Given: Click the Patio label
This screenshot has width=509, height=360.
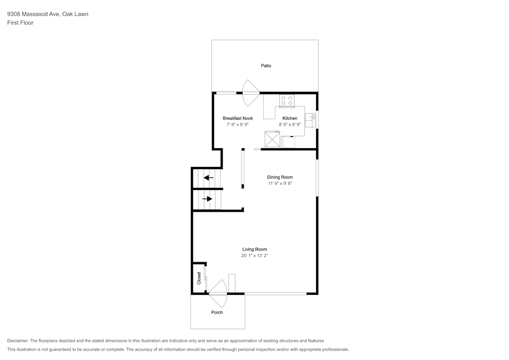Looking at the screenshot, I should point(266,66).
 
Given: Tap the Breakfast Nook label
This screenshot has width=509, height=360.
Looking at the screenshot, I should point(237,118).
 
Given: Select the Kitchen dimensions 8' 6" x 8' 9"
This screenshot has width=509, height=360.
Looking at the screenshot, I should point(290,124).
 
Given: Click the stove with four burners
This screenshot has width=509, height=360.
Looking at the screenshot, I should point(287,100).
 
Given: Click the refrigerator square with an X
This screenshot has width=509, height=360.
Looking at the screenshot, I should point(272,139).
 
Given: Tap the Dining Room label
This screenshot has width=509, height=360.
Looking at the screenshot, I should point(280,177).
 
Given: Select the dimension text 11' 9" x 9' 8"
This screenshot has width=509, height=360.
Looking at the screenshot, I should point(280,183).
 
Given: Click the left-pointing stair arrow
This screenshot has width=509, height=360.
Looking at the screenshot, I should point(208,178).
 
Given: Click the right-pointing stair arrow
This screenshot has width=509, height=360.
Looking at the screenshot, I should point(207,199).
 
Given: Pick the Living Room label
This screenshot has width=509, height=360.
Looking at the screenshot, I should point(254,250).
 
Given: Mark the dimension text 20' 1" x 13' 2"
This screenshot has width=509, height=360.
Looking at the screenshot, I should point(254,256).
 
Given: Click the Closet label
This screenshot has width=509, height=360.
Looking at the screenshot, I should point(199,278).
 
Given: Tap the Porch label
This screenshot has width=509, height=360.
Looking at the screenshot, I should point(217,312).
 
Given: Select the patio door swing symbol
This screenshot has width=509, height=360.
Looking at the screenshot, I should point(250,93).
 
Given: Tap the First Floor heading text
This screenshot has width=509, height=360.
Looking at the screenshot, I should point(20,23).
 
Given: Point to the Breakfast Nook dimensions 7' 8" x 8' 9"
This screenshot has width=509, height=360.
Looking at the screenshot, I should point(237,124).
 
